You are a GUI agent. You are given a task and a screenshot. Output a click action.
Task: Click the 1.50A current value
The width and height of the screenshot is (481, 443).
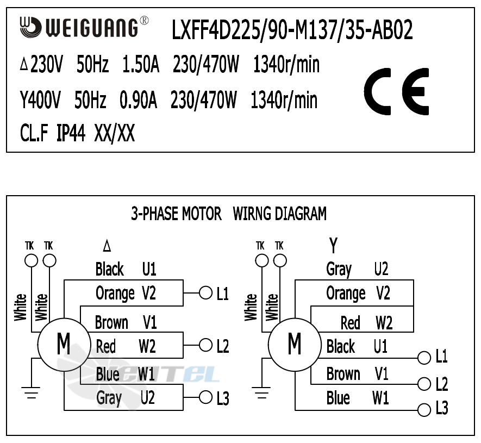(141, 66)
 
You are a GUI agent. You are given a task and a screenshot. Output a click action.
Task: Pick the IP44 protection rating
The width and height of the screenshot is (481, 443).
(71, 133)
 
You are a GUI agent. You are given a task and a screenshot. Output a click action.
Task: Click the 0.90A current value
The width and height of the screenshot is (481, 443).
(138, 101)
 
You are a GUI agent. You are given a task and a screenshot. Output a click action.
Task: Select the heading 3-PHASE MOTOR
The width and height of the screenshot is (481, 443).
(176, 214)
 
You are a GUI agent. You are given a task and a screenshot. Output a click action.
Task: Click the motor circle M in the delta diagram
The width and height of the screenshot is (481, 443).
(64, 344)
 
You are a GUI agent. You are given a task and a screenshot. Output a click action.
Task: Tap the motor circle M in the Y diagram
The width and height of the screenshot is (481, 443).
(295, 344)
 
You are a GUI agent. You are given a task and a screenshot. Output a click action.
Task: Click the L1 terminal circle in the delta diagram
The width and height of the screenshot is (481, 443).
(205, 293)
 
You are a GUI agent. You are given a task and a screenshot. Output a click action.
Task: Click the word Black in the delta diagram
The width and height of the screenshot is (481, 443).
(109, 269)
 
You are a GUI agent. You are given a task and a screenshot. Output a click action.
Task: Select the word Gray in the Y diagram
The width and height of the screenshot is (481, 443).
(339, 269)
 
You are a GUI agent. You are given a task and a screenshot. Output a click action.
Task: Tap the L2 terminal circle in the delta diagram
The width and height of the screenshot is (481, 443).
(205, 345)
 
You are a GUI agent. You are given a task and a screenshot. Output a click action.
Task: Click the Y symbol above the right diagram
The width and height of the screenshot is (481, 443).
(333, 246)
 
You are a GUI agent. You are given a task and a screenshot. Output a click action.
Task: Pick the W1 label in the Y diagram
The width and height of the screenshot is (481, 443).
(380, 398)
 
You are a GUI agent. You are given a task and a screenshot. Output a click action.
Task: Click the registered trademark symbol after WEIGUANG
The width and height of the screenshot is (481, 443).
(144, 21)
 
